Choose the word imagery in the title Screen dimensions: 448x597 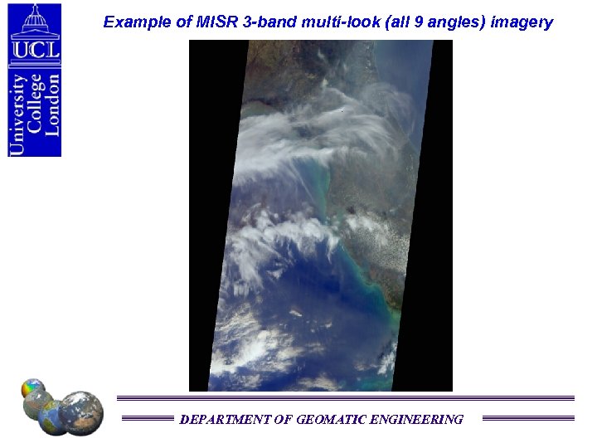[522, 23]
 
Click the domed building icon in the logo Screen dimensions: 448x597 [35, 20]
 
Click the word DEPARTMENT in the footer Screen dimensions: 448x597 [225, 420]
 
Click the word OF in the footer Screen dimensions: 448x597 [283, 420]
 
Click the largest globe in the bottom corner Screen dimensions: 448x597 [81, 411]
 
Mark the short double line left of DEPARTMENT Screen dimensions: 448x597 [148, 419]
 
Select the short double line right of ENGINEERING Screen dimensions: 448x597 [527, 419]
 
